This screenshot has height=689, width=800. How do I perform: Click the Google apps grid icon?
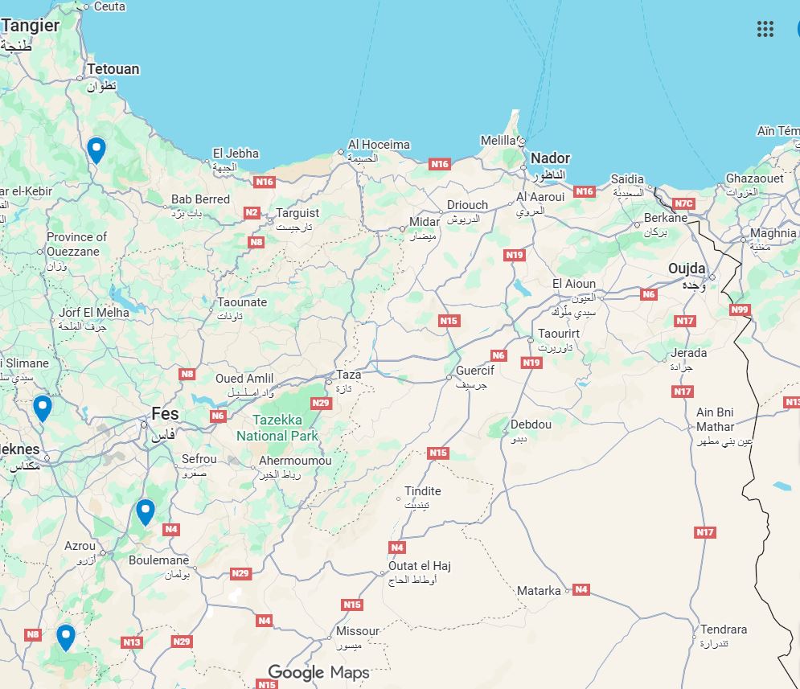coord(765,30)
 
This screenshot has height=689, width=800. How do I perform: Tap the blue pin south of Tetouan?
coord(96,150)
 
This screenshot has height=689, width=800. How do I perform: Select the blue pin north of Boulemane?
coord(145,511)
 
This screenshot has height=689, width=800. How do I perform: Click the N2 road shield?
coord(252,213)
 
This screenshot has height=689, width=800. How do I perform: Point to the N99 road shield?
coord(740,310)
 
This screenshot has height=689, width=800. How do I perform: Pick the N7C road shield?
coord(683,203)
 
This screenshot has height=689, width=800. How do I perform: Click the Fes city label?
coord(165,415)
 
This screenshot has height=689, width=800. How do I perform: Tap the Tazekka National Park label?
coord(277,428)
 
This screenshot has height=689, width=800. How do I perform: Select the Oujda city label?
coord(687,269)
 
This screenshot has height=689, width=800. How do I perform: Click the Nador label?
coord(550,158)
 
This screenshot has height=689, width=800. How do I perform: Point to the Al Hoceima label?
coord(379,146)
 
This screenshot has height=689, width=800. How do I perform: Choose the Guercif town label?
coord(475,371)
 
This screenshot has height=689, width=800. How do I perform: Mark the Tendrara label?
coord(724,630)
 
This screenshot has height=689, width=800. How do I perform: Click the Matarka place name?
coord(539,591)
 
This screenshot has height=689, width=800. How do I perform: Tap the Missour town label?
coord(358,631)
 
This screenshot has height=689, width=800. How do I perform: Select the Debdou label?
coord(531,424)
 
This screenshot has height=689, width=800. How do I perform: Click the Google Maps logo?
coord(318,673)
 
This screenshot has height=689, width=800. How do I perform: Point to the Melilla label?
coord(498,141)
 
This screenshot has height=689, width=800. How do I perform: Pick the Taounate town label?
coord(242,302)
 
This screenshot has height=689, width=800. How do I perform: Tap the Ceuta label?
coord(109,6)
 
